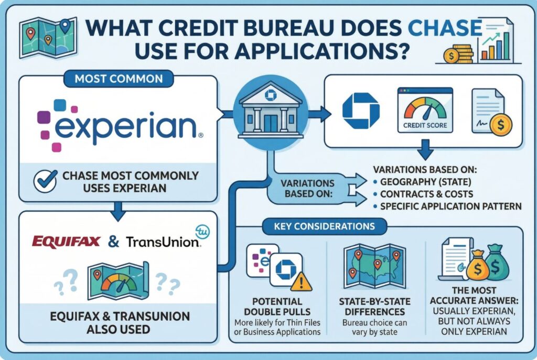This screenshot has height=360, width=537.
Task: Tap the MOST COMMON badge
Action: pyautogui.click(x=119, y=79)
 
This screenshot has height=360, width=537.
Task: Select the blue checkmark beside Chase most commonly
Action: pyautogui.click(x=46, y=181)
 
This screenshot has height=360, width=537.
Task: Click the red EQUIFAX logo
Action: pyautogui.click(x=66, y=242)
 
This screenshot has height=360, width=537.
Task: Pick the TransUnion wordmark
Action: pyautogui.click(x=163, y=242)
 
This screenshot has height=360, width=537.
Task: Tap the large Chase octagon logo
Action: pyautogui.click(x=361, y=111)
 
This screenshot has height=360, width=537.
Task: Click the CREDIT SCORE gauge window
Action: pyautogui.click(x=425, y=110)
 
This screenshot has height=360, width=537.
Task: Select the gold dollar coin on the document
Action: pyautogui.click(x=501, y=125)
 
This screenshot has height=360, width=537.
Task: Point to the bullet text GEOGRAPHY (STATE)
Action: pyautogui.click(x=425, y=182)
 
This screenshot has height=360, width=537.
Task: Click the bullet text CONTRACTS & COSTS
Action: pyautogui.click(x=427, y=194)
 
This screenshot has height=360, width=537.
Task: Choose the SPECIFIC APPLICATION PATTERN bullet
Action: pyautogui.click(x=450, y=206)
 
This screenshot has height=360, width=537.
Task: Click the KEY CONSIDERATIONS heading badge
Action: pyautogui.click(x=324, y=226)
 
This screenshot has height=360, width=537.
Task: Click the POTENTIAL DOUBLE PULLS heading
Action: pyautogui.click(x=277, y=307)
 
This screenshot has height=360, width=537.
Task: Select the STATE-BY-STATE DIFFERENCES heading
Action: pyautogui.click(x=374, y=307)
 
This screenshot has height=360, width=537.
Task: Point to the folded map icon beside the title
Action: pyautogui.click(x=48, y=38)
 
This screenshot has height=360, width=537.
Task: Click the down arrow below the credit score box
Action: pyautogui.click(x=425, y=149)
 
